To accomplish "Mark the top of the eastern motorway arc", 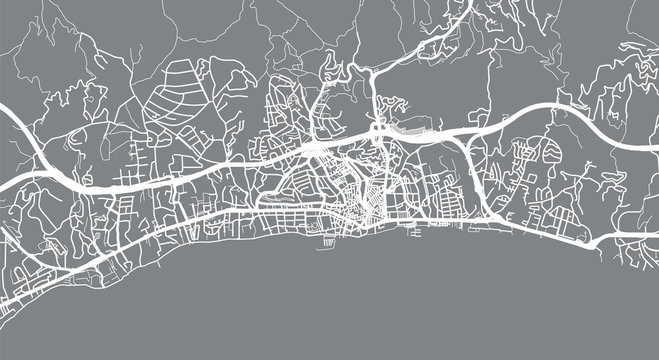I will (x=540, y=104).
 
